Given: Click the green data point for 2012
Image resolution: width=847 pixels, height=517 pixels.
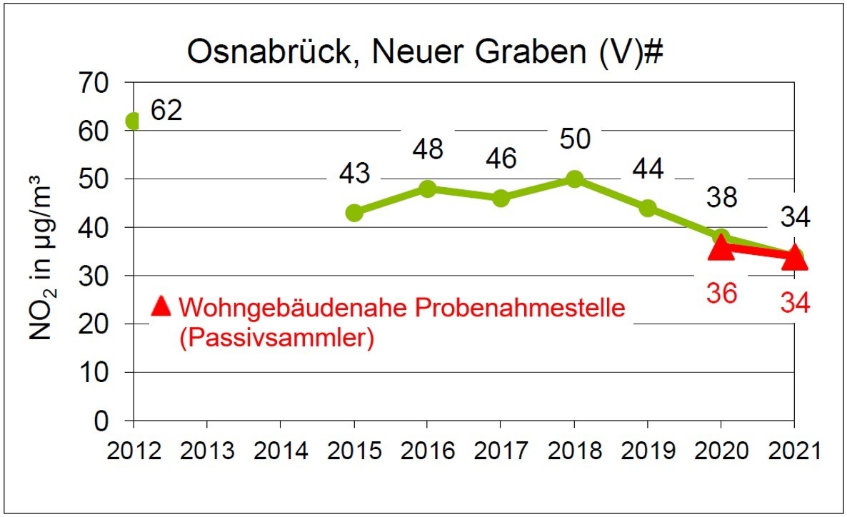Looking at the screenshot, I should point(133,121).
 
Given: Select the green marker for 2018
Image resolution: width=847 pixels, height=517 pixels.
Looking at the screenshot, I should point(574,179).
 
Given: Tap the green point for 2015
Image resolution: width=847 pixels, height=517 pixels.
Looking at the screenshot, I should point(354,212).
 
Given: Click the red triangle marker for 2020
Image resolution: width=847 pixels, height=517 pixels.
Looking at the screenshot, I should point(721,247).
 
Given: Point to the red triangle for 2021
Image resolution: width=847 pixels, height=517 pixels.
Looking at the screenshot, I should point(794,258).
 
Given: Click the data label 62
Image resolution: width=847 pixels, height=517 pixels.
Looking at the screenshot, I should point(166,110).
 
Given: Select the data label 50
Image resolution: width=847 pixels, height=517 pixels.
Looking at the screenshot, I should point(574,139).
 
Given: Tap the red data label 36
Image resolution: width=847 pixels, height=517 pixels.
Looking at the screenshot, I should point(721,293).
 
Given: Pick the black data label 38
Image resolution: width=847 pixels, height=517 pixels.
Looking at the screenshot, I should point(721,197).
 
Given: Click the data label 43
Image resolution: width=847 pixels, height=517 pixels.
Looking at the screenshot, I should point(354,174).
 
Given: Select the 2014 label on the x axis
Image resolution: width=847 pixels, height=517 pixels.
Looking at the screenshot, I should point(280,451).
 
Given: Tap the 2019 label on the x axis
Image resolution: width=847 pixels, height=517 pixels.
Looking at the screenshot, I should point(648,451).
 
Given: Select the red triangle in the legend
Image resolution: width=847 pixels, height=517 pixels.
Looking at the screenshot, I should point(161,306).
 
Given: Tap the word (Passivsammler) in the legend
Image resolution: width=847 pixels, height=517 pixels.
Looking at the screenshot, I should point(277,338).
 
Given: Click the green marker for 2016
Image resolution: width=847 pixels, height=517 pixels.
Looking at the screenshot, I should point(427,189).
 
